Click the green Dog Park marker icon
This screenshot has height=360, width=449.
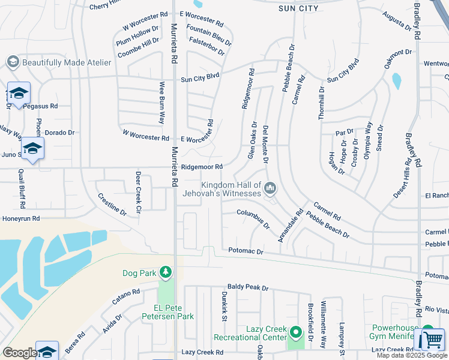click(165, 273)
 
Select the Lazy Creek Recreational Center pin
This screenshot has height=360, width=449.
click(295, 332)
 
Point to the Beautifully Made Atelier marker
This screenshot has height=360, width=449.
click(12, 62)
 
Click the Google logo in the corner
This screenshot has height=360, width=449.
click(19, 353)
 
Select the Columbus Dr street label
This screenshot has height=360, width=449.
click(253, 220)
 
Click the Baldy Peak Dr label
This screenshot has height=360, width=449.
click(247, 288)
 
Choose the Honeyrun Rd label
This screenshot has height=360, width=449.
click(20, 219)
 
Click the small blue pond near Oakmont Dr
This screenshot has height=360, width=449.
click(396, 81)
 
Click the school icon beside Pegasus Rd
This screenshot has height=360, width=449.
click(19, 94)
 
